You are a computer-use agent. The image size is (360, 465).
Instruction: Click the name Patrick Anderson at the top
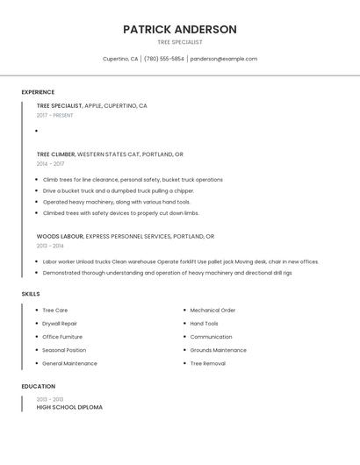pyautogui.click(x=179, y=29)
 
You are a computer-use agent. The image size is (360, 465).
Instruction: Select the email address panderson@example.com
pyautogui.click(x=224, y=59)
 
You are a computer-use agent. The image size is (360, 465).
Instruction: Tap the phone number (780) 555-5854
pyautogui.click(x=164, y=59)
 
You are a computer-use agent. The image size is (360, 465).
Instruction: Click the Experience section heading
pyautogui.click(x=38, y=92)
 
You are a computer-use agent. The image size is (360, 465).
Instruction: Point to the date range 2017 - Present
pyautogui.click(x=54, y=115)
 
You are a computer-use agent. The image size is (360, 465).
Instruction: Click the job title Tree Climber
pyautogui.click(x=56, y=154)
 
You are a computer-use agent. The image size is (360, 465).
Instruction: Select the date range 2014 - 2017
pyautogui.click(x=50, y=163)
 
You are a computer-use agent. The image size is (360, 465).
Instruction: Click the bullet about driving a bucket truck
pyautogui.click(x=118, y=190)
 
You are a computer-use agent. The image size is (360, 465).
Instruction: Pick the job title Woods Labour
pyautogui.click(x=60, y=236)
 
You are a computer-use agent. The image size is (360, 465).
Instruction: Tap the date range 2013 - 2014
pyautogui.click(x=50, y=246)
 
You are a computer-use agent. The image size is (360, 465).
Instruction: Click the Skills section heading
pyautogui.click(x=31, y=294)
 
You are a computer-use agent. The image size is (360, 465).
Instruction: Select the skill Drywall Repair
pyautogui.click(x=60, y=324)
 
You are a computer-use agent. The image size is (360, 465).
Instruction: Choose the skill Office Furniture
pyautogui.click(x=62, y=337)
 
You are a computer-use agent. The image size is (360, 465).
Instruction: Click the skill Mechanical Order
pyautogui.click(x=212, y=310)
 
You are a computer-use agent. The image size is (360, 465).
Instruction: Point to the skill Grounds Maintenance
pyautogui.click(x=218, y=350)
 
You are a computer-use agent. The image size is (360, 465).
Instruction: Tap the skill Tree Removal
pyautogui.click(x=207, y=363)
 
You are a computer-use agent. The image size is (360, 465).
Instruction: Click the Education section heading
pyautogui.click(x=38, y=386)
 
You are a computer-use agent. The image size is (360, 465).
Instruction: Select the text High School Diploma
pyautogui.click(x=69, y=407)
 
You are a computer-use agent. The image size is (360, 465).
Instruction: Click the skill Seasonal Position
pyautogui.click(x=64, y=350)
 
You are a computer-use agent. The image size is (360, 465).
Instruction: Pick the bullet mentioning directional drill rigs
pyautogui.click(x=167, y=273)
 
